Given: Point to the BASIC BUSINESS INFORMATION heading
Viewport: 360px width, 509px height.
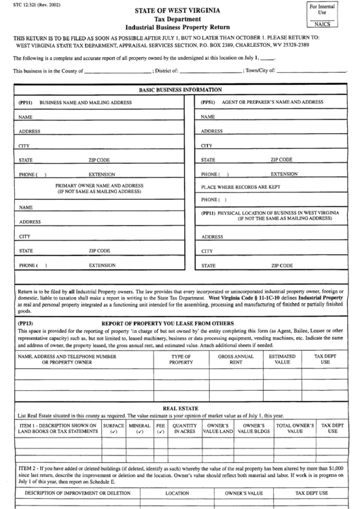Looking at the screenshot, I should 180,90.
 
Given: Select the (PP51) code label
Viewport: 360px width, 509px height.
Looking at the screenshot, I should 207,102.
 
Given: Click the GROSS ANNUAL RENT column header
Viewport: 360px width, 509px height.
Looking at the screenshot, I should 236,359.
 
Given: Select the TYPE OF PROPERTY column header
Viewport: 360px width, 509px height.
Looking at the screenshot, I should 181,359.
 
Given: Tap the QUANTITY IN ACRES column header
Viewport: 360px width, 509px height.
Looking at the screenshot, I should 184,428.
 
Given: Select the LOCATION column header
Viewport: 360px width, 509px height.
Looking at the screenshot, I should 177,493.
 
